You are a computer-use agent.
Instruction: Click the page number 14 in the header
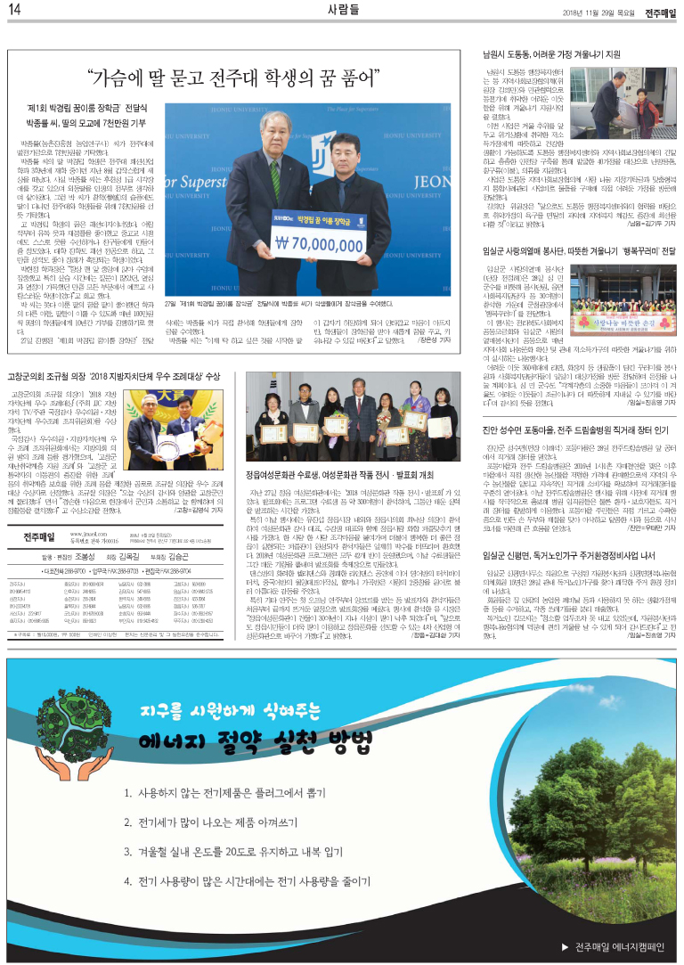pyautogui.click(x=15, y=10)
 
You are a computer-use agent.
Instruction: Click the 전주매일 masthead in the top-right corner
pyautogui.click(x=659, y=11)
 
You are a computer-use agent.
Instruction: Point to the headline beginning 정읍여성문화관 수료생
pyautogui.click(x=347, y=450)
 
